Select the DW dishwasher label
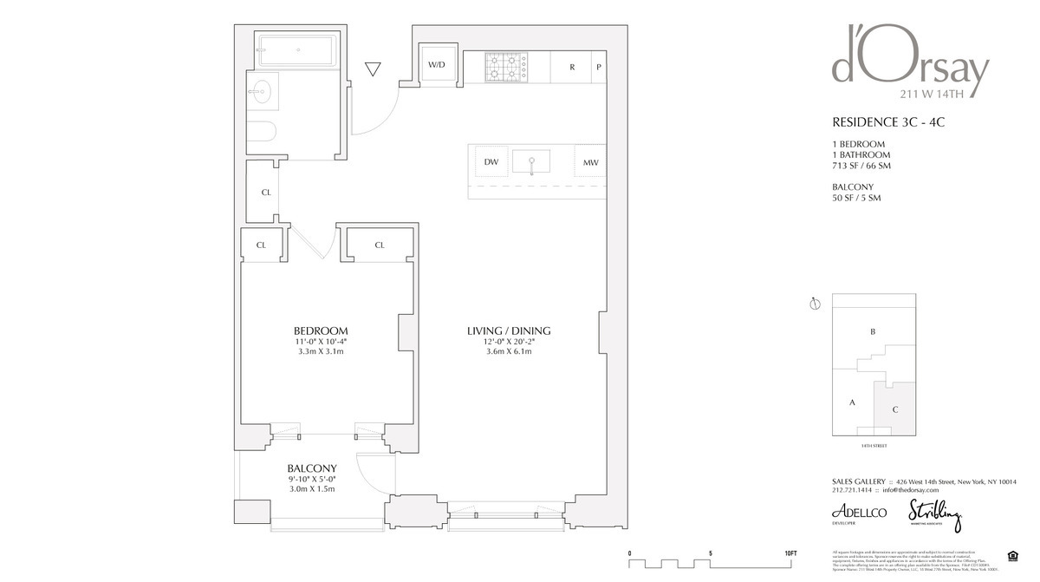491,162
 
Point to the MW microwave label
590,162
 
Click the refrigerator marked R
572,67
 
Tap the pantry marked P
598,67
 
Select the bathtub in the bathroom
296,51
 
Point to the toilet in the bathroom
260,132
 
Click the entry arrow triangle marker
374,69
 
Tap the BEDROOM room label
320,330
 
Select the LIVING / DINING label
509,330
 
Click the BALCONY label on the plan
311,468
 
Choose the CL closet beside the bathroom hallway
266,192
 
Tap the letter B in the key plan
872,331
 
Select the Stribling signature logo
934,515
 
